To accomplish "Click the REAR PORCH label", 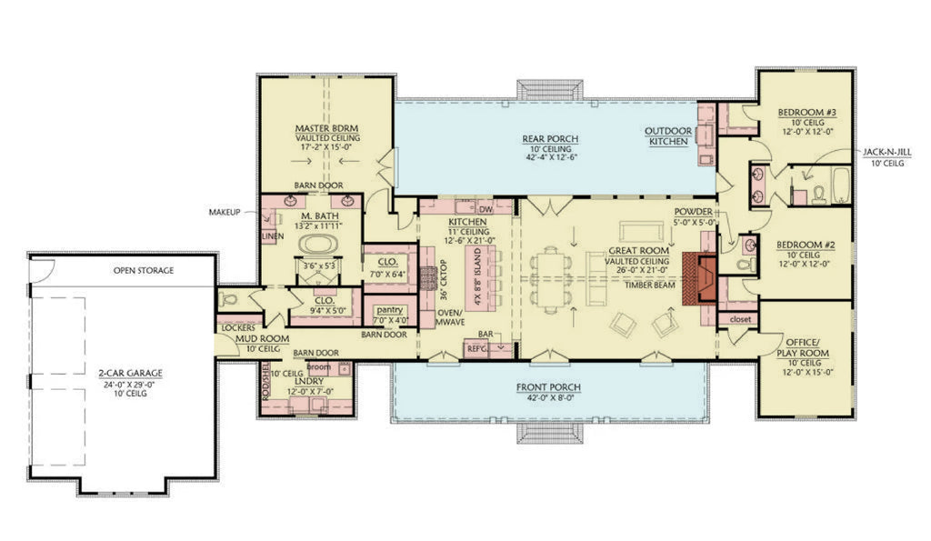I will (x=550, y=139).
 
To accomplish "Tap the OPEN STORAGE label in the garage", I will (x=143, y=270).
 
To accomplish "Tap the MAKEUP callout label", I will (x=225, y=212).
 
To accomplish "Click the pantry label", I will (x=387, y=310).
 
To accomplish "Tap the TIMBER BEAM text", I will (x=649, y=285).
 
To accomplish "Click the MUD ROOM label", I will (x=263, y=338).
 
